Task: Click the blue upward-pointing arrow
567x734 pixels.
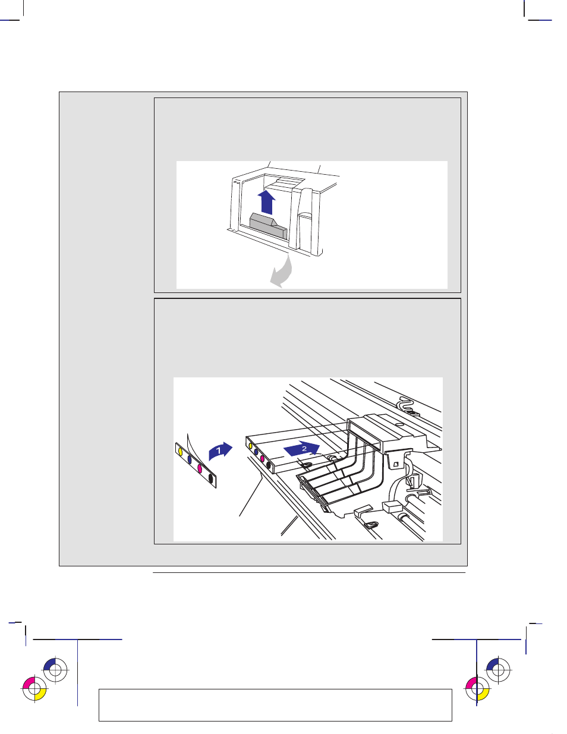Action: click(266, 202)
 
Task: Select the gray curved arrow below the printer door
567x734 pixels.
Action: click(283, 273)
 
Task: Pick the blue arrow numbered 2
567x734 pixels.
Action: click(301, 449)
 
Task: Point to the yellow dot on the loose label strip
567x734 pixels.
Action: click(180, 452)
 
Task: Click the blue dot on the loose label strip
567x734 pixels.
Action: click(190, 460)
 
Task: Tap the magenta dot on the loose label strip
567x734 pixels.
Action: click(200, 469)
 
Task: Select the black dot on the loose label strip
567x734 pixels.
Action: click(212, 478)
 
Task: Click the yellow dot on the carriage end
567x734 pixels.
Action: click(251, 446)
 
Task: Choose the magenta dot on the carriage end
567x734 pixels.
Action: click(262, 459)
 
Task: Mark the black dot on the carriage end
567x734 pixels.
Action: click(269, 465)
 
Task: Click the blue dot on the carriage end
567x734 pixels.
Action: click(256, 452)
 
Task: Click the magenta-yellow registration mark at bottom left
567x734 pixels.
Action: click(34, 689)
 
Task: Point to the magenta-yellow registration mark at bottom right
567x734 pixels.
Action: click(477, 689)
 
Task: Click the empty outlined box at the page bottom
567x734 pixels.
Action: click(275, 705)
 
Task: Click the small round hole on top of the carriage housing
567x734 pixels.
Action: click(399, 424)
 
